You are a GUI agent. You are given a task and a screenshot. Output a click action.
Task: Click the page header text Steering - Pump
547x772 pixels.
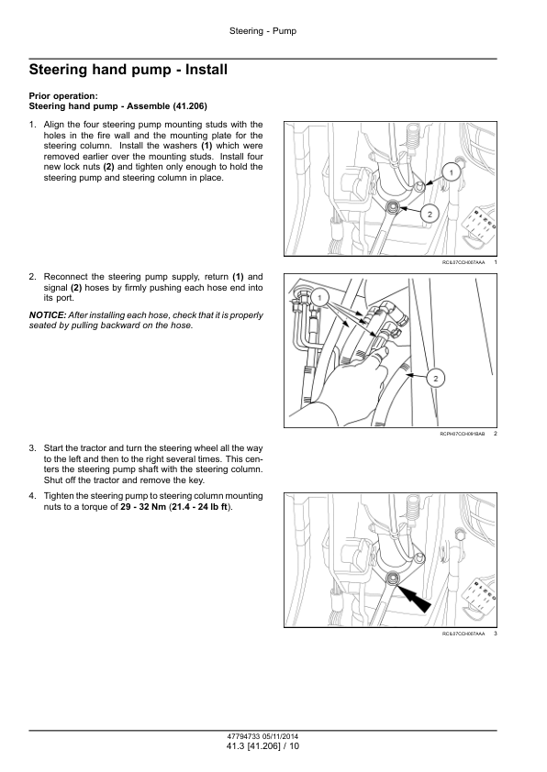pos(262,31)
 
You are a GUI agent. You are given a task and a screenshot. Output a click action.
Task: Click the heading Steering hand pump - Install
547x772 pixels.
pos(128,70)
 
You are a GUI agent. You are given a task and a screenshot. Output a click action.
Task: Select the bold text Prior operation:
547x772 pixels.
pos(63,96)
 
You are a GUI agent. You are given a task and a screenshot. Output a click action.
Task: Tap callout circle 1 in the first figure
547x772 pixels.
pos(451,172)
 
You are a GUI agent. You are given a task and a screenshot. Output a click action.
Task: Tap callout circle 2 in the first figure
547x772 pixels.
pos(430,215)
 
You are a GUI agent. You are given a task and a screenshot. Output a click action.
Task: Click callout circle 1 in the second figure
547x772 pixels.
pos(319,298)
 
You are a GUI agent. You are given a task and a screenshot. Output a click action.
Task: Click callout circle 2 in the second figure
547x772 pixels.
pos(436,378)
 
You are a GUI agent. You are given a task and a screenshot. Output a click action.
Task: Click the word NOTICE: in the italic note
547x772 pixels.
pos(48,315)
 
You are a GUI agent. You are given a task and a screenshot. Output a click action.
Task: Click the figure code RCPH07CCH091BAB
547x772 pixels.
pos(463,434)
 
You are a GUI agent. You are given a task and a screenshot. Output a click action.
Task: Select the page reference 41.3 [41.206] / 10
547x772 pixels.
pos(262,746)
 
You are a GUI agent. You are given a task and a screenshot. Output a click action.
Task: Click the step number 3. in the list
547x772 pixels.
pos(32,448)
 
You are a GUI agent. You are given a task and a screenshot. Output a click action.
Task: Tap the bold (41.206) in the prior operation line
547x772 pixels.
pos(190,106)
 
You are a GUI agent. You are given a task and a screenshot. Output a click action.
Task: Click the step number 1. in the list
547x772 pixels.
pos(32,125)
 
